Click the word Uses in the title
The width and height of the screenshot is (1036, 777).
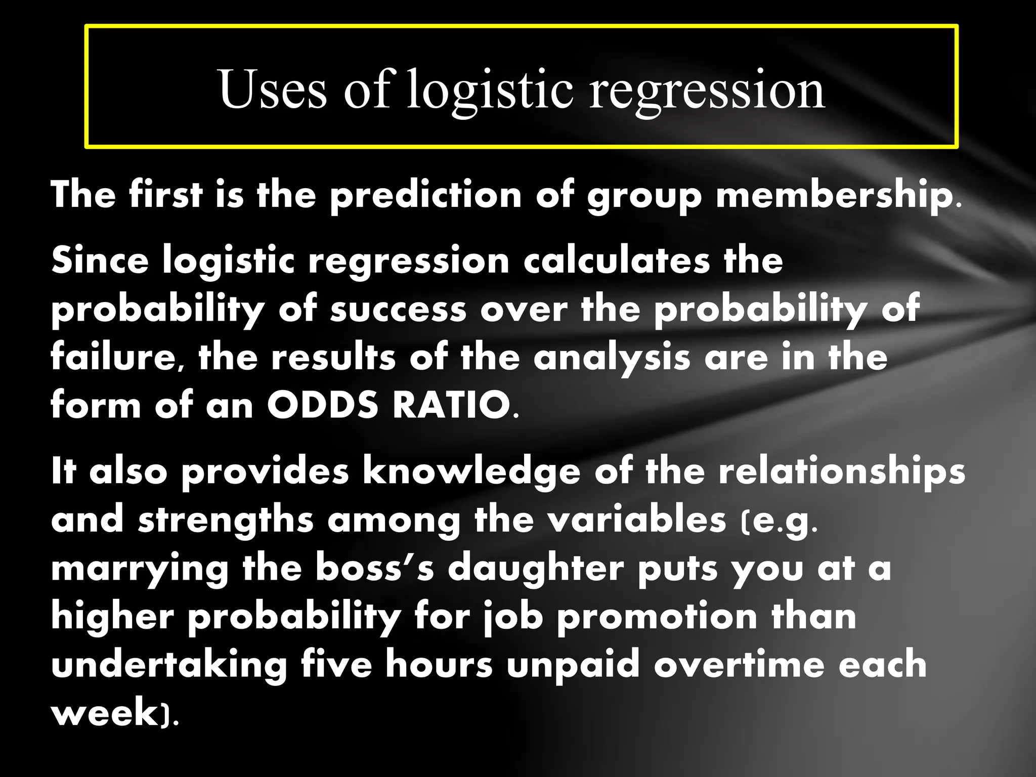click(x=273, y=90)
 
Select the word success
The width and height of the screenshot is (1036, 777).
click(x=398, y=310)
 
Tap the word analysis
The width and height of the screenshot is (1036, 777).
click(x=612, y=358)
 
